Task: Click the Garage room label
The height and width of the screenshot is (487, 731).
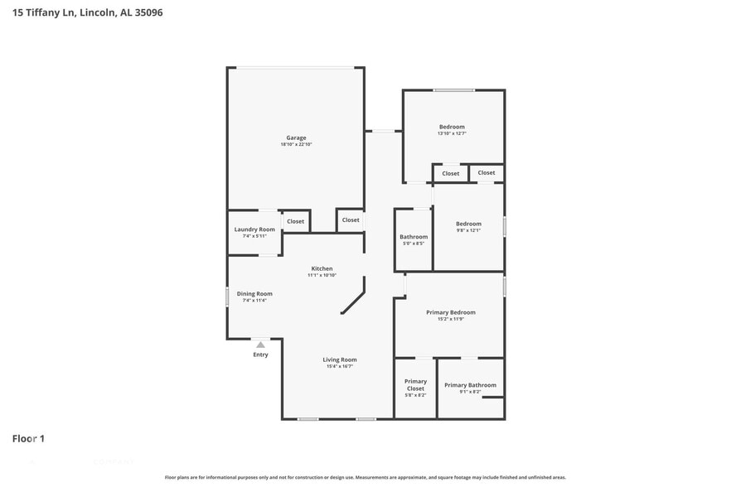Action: coord(296,137)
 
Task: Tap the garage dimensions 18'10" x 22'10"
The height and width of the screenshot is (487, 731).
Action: coord(296,145)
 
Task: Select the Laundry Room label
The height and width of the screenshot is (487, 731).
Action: coord(254,229)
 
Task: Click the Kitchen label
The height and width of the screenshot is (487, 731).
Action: coord(322,268)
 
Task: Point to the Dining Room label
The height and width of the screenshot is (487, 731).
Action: coord(254,293)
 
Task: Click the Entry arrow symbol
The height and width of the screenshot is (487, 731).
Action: coord(260,345)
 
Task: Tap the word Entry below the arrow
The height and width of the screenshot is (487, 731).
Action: coord(260,355)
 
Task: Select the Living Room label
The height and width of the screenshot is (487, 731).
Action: coord(340,359)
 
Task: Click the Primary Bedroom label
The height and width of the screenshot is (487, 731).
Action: coord(451,312)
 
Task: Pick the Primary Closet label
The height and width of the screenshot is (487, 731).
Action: coord(415,385)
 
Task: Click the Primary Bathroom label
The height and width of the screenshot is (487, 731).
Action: coord(470,385)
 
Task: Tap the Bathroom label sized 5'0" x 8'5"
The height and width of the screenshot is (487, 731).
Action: coord(413,237)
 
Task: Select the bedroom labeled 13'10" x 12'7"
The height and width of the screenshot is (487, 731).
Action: coord(452,127)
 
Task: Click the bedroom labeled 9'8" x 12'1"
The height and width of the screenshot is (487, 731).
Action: coord(468,224)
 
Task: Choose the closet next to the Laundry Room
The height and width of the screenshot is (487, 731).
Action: coord(295,221)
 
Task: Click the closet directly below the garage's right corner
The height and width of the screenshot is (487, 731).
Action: coord(351,220)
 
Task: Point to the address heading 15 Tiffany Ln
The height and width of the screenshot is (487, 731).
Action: coord(87,12)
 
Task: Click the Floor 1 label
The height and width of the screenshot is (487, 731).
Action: coord(28,438)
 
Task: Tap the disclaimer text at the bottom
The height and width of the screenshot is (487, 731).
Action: coord(365,478)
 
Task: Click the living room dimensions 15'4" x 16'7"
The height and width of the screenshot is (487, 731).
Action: coord(340,367)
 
